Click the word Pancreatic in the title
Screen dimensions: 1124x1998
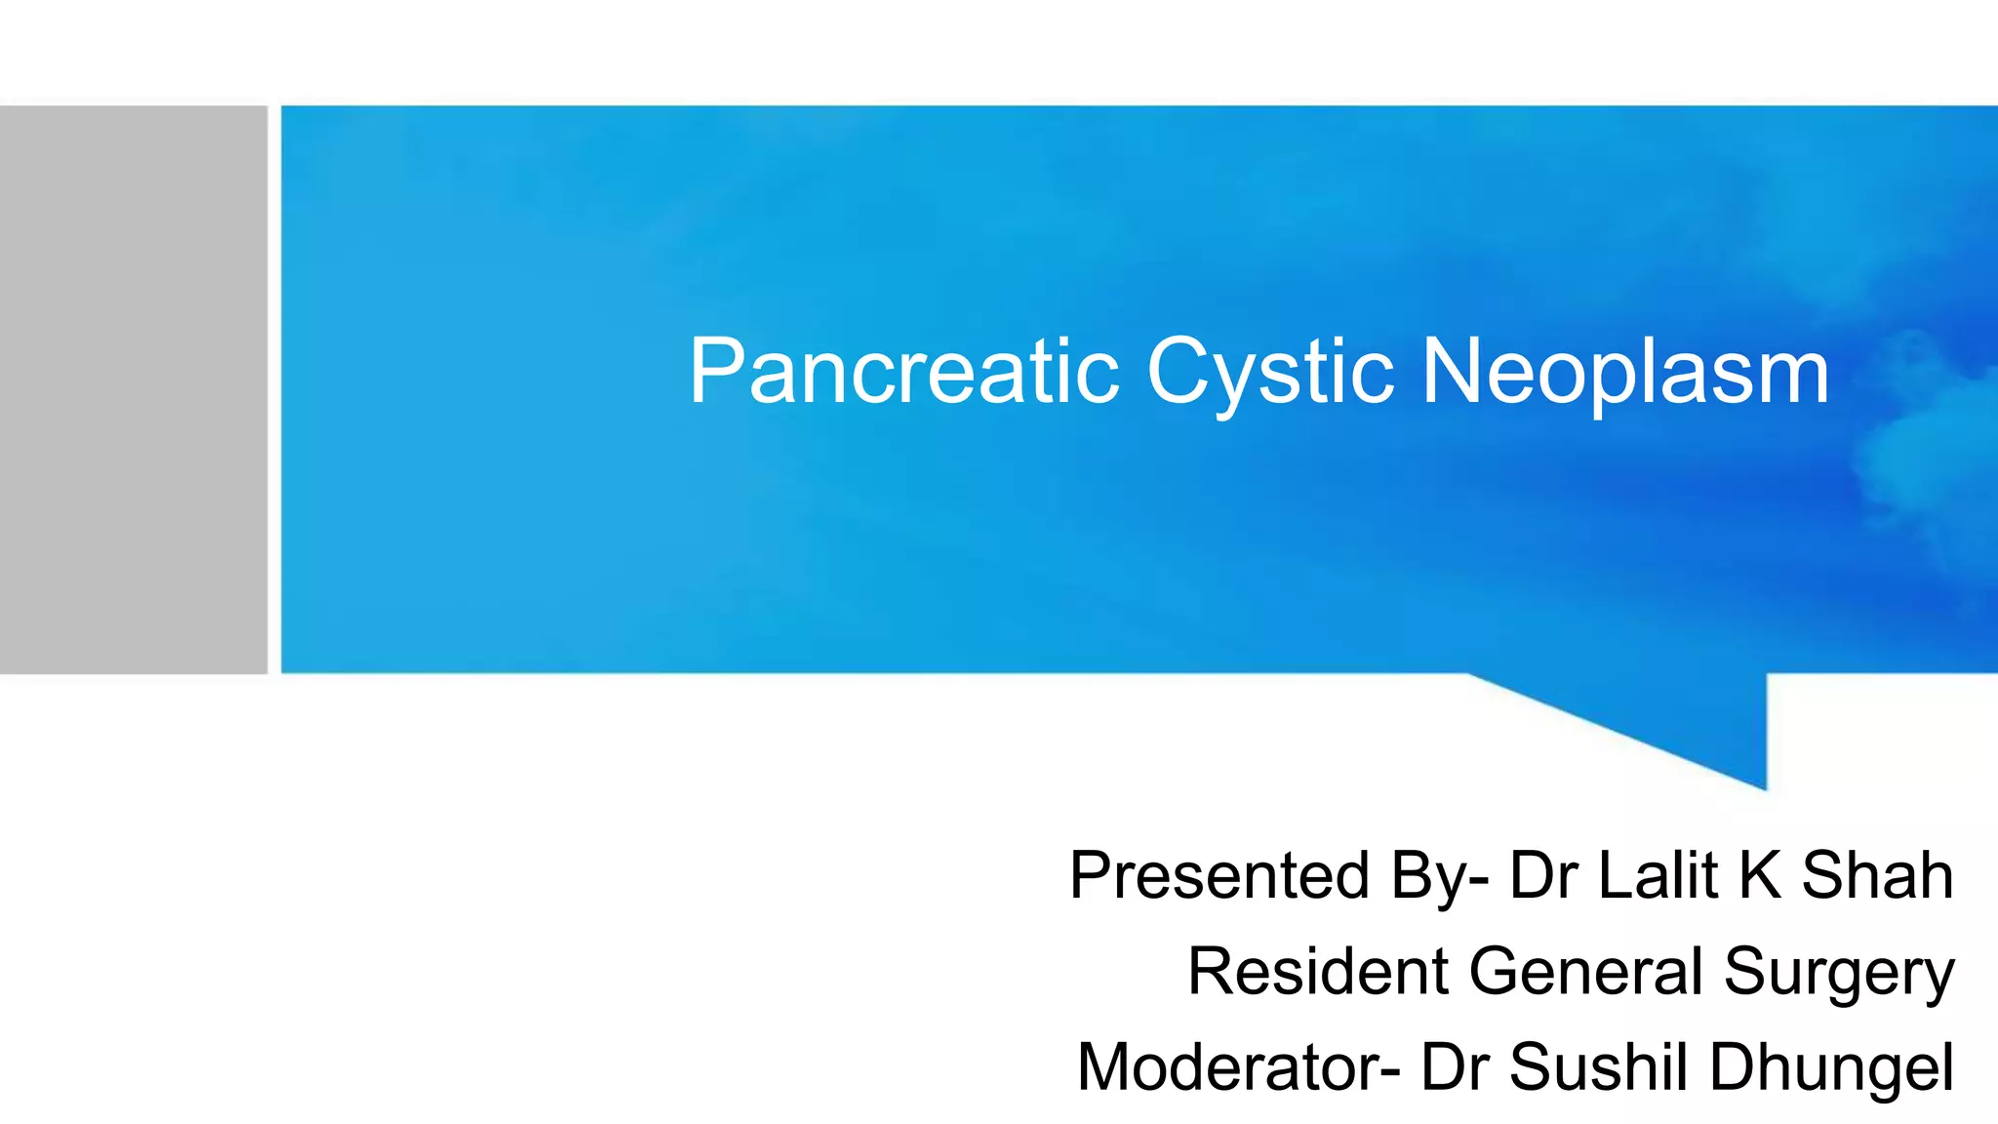[x=903, y=372]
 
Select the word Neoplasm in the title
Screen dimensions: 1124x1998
[x=1624, y=374]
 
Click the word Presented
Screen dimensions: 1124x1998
[x=1219, y=875]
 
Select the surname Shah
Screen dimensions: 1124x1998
[x=1877, y=875]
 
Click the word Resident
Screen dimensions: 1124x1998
[x=1317, y=971]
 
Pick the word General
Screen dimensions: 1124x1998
[x=1585, y=971]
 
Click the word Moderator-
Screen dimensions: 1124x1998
[x=1238, y=1066]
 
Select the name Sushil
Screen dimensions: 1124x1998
[x=1599, y=1066]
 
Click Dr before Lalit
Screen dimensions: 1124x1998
[x=1543, y=875]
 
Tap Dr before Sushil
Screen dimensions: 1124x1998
[x=1455, y=1066]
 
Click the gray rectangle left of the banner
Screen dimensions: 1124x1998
[x=134, y=389]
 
